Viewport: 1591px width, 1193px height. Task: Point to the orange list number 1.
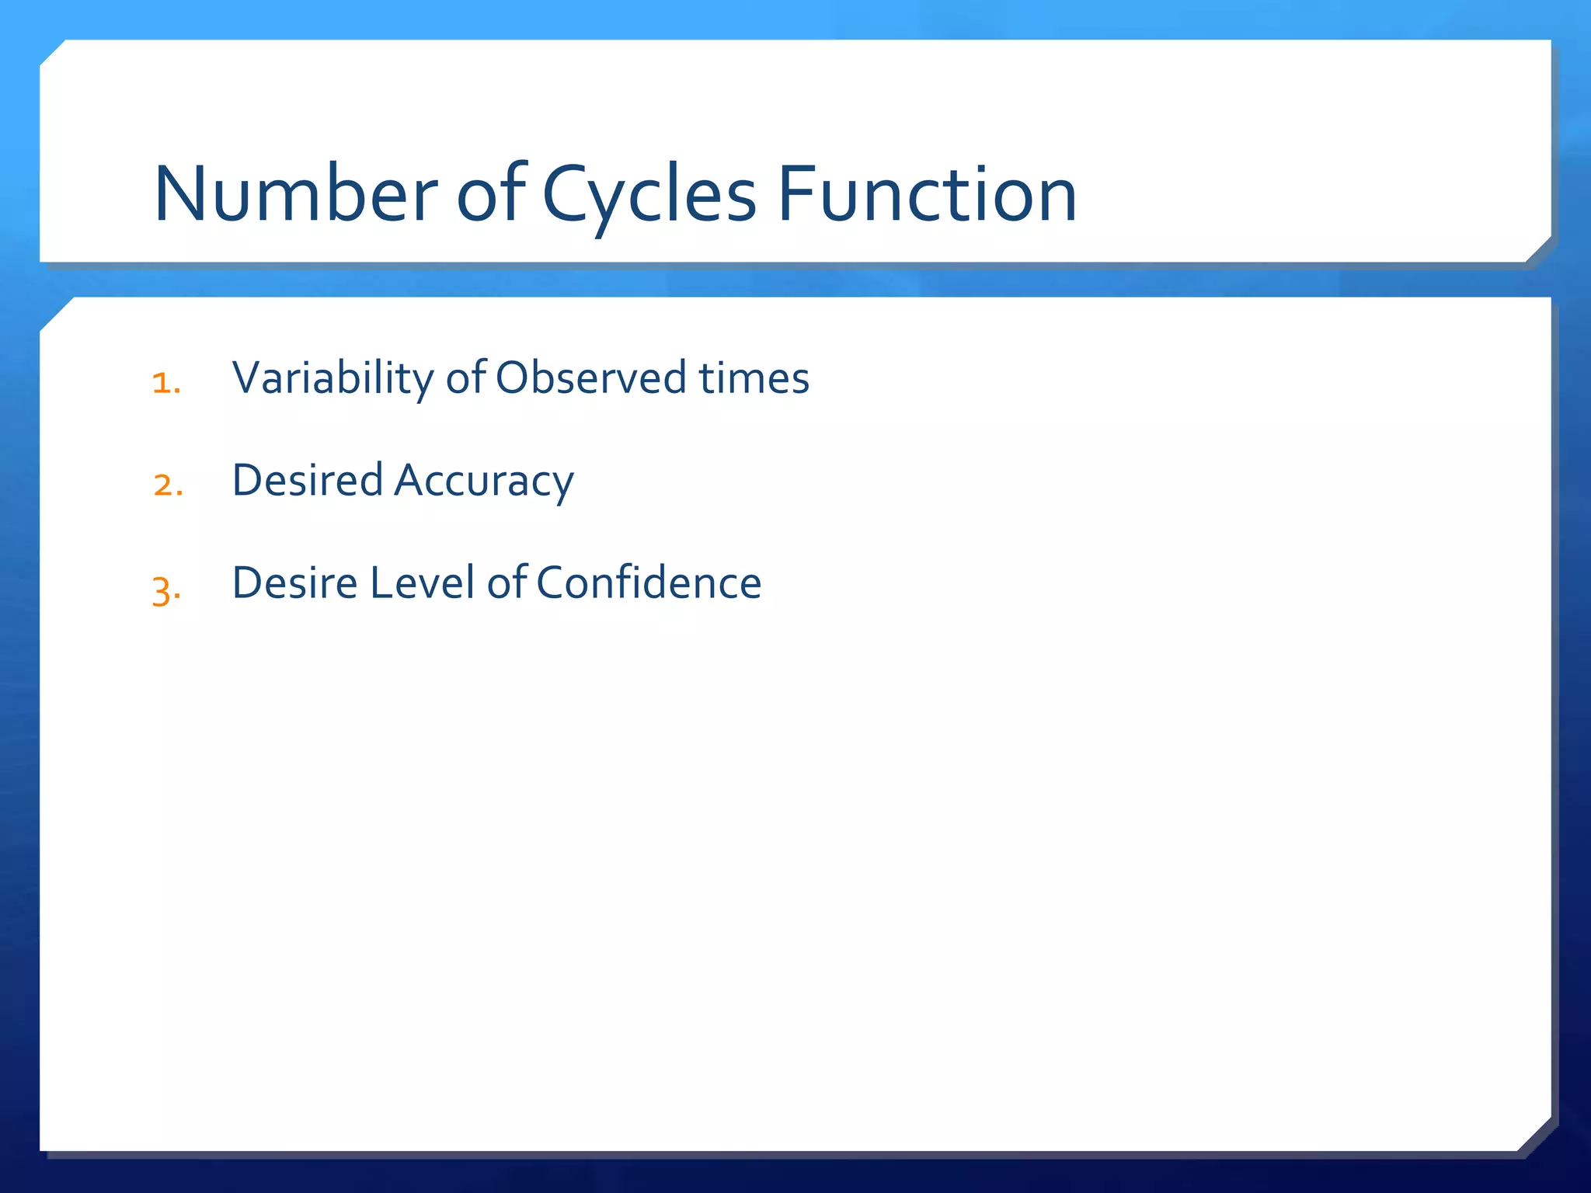[166, 382]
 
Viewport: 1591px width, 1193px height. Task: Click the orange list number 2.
[168, 485]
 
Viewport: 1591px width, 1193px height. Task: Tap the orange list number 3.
[166, 589]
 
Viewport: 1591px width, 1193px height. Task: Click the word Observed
[591, 378]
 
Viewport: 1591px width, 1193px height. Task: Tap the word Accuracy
[484, 482]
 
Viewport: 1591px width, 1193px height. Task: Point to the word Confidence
[649, 583]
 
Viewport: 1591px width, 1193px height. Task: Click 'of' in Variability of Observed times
[466, 378]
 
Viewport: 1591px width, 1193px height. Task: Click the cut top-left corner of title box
[53, 53]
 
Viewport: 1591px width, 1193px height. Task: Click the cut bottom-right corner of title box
[1538, 250]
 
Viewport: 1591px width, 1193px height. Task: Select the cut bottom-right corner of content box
[1534, 1135]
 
